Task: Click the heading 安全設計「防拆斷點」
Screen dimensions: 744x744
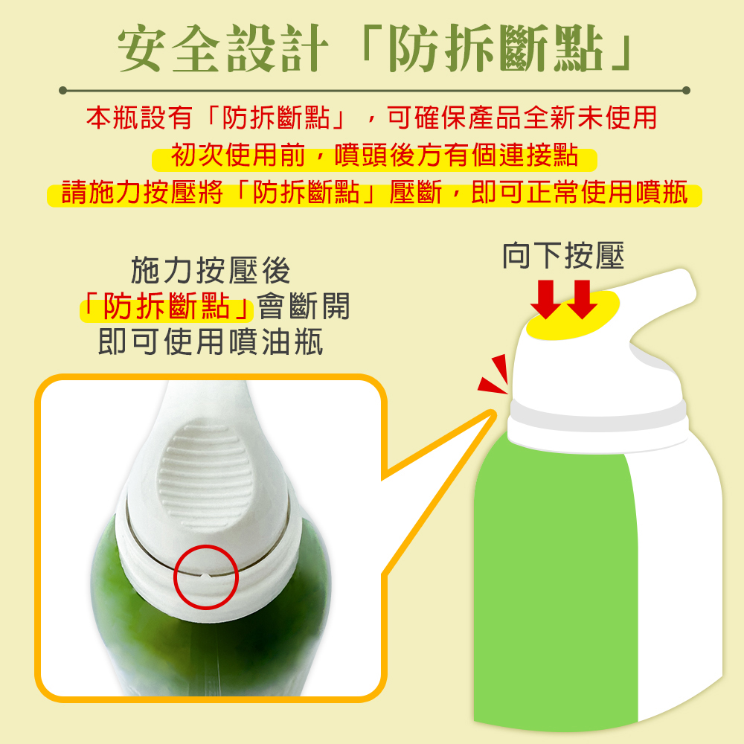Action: (375, 48)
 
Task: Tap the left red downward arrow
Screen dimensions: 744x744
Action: (545, 299)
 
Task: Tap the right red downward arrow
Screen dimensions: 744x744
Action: (582, 299)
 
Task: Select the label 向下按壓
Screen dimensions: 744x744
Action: (563, 255)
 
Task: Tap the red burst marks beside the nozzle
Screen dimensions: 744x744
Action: (495, 375)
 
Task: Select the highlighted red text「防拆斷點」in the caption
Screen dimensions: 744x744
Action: (166, 307)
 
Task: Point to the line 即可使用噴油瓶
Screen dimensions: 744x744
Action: (211, 341)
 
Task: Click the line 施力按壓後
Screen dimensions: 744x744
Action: (211, 270)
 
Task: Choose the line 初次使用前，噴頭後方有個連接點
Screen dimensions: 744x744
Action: (374, 155)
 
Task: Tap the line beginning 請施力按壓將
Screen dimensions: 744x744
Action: (374, 193)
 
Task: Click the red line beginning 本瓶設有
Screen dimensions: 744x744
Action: (371, 118)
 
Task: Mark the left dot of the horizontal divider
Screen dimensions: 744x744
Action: (62, 90)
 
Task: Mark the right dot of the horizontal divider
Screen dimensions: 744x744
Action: (686, 90)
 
